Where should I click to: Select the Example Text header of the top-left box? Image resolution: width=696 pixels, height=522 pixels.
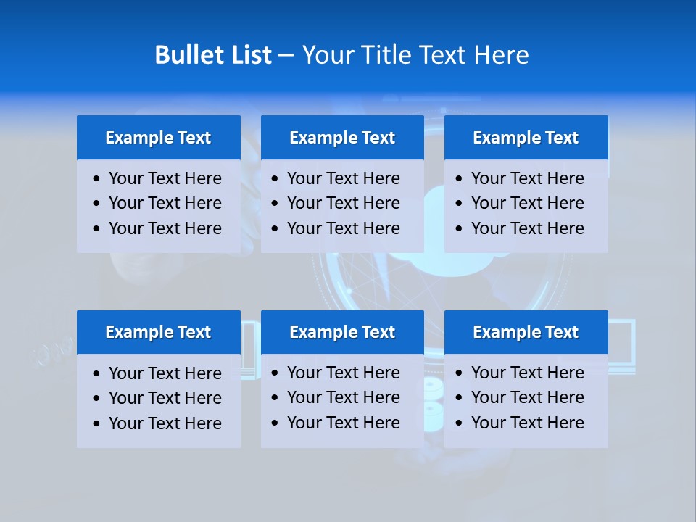(158, 138)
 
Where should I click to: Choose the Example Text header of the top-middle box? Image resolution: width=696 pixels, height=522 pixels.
(342, 138)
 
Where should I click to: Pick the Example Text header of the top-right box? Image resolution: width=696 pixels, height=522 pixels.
(526, 138)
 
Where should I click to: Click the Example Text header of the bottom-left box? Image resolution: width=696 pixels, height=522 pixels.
(158, 332)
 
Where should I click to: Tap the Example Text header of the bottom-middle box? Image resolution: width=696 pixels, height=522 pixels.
(342, 332)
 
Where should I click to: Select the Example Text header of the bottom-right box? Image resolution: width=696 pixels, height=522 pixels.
(526, 332)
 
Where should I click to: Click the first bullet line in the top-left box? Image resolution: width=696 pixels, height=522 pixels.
(165, 178)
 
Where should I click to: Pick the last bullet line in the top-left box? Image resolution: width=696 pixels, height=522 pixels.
(165, 228)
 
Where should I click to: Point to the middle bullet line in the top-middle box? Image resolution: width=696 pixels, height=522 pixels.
(343, 203)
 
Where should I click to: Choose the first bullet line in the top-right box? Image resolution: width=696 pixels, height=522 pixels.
(527, 178)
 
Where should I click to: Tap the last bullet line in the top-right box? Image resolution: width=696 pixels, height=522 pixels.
(527, 228)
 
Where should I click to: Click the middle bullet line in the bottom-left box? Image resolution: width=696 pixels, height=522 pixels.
(165, 398)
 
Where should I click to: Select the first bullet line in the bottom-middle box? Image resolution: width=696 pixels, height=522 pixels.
(343, 373)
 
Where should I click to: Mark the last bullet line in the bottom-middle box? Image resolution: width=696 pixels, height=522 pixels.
(343, 423)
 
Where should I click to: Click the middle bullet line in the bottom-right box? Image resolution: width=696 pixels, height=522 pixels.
(527, 397)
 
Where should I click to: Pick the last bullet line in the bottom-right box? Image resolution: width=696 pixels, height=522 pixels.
(527, 423)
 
